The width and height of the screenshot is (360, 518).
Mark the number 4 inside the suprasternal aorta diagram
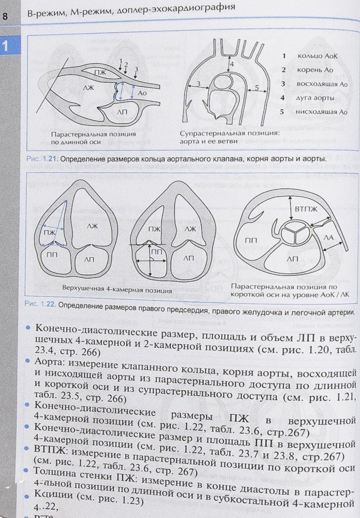pos(232,64)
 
